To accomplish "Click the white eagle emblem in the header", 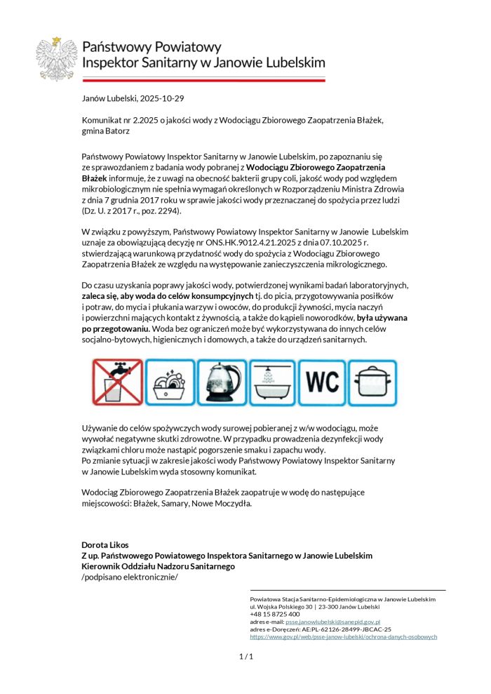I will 56,60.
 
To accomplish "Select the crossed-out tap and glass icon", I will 118,382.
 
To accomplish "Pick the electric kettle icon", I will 221,382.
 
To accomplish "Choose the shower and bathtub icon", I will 272,382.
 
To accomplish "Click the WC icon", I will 323,382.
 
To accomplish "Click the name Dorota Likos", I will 105,545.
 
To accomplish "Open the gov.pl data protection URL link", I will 343,636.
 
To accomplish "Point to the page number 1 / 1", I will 245,657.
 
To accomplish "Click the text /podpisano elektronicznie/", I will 130,577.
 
